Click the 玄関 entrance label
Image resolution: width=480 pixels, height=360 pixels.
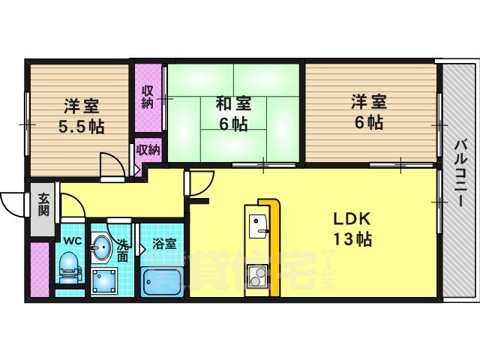tap(44, 205)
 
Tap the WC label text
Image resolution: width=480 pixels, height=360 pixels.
tap(72, 241)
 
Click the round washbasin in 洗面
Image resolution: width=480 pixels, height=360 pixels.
tap(103, 245)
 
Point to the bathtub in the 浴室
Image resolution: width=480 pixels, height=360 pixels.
tap(162, 282)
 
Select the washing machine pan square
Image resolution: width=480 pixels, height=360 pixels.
tap(103, 282)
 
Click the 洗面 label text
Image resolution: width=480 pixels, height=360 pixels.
tap(123, 250)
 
